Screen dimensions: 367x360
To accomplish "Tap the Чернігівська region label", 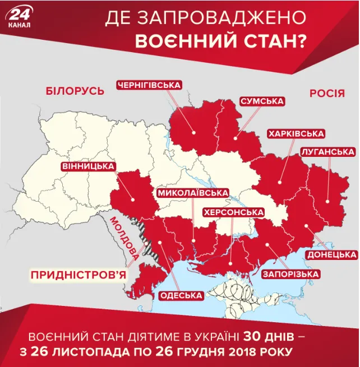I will click(x=149, y=85).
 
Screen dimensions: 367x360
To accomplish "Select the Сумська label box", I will click(x=261, y=101).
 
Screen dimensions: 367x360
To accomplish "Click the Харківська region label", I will click(x=296, y=134).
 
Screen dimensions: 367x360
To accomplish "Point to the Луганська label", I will click(x=327, y=152).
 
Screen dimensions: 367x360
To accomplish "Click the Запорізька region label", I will click(x=290, y=274).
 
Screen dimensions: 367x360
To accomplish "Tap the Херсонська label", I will click(x=233, y=213).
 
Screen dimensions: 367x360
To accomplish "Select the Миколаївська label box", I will click(x=193, y=193).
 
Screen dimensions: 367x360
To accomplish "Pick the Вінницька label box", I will click(x=89, y=166).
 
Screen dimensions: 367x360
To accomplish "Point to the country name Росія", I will click(x=327, y=94).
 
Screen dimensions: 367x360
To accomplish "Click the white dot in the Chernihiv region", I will click(x=194, y=133).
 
